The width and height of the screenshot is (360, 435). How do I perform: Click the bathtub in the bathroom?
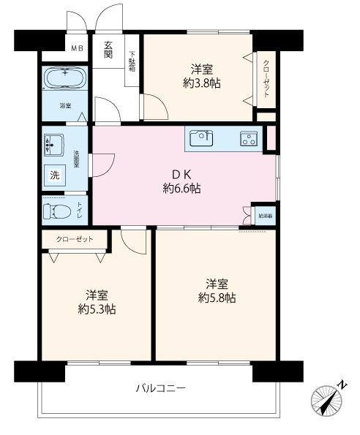click(65, 77)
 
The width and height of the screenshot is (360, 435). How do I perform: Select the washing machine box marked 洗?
click(55, 175)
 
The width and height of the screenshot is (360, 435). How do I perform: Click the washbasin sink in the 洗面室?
click(53, 145)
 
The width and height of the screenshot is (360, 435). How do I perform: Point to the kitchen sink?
click(202, 137)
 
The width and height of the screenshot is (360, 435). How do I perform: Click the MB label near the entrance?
click(77, 49)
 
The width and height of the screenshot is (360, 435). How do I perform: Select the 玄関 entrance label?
click(108, 49)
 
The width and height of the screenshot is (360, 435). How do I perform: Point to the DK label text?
click(181, 174)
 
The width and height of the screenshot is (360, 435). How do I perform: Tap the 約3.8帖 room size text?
click(202, 83)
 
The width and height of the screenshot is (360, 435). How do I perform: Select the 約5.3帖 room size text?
click(96, 309)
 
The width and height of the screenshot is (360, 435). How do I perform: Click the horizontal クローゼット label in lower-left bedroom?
click(76, 238)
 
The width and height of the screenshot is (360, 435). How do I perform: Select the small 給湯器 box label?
click(265, 216)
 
